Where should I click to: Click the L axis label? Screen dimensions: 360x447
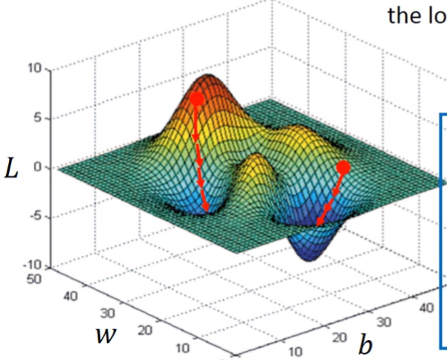point(12,170)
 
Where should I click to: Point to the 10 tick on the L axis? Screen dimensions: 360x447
point(36,68)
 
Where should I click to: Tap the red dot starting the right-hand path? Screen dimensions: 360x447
point(343,167)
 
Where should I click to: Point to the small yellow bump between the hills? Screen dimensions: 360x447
point(258,165)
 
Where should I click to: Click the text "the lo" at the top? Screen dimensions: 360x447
point(415,16)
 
